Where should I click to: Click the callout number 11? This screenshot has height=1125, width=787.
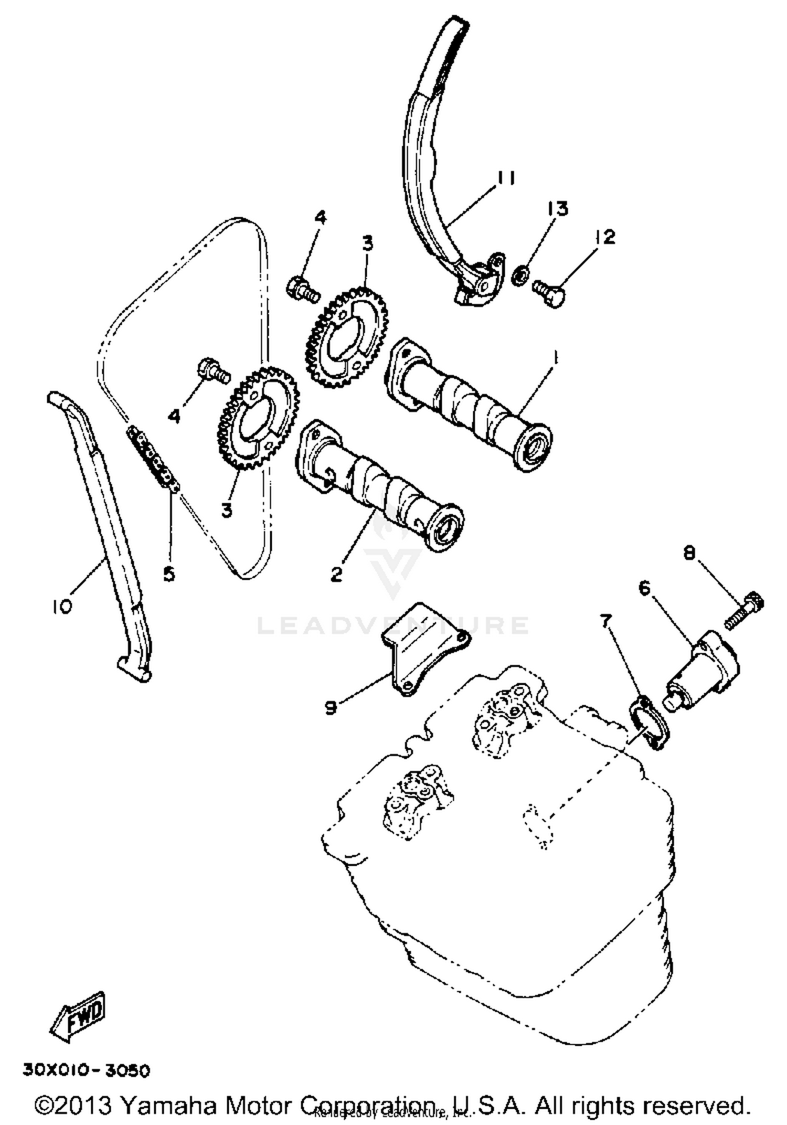tap(505, 178)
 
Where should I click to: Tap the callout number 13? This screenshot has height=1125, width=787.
tap(558, 209)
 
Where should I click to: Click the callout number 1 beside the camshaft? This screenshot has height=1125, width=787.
tap(555, 359)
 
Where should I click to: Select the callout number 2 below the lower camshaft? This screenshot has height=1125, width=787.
tap(336, 574)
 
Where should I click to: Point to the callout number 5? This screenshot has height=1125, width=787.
tap(169, 575)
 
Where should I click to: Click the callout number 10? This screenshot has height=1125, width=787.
tap(61, 607)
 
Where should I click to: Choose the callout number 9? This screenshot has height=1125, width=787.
tap(330, 709)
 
